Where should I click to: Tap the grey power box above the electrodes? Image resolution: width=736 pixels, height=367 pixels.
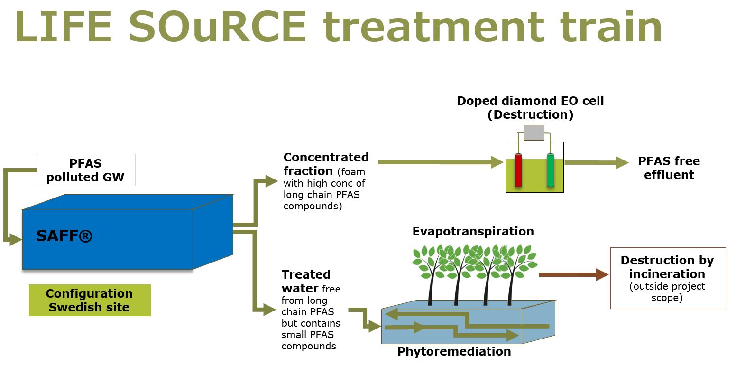tap(534, 133)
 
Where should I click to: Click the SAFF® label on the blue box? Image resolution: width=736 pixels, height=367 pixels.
tap(64, 235)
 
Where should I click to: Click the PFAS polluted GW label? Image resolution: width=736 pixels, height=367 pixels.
tap(86, 170)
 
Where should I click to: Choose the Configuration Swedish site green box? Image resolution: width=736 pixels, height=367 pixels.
tap(90, 300)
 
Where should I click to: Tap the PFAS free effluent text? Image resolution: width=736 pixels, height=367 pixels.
tap(669, 168)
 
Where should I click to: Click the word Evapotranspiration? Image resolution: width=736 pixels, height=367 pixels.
tap(473, 231)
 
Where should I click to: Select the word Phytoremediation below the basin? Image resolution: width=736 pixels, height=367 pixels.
tap(454, 351)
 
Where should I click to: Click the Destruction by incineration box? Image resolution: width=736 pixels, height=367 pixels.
tap(667, 278)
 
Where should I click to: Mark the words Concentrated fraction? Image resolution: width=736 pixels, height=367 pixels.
tap(325, 164)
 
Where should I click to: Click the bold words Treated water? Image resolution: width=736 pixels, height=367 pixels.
tap(305, 281)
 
